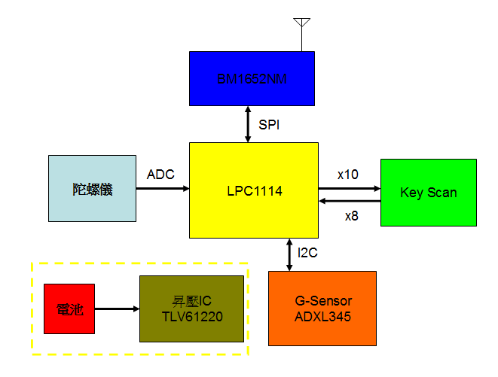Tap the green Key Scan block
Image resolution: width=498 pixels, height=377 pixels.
429,192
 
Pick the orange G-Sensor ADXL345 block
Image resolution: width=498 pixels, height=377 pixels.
323,308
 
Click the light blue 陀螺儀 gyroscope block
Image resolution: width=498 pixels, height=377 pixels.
92,189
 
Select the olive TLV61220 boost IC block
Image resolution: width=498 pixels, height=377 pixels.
191,309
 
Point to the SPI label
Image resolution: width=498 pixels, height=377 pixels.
269,125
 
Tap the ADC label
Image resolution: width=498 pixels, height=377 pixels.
160,175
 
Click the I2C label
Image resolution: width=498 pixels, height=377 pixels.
307,254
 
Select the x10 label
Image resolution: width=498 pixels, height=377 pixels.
347,175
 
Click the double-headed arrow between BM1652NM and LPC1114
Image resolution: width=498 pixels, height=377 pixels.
248,123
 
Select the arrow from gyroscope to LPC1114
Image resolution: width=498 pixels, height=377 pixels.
162,189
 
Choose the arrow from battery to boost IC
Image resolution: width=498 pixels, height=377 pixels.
117,308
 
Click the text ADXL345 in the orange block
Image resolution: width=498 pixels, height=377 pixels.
323,317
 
